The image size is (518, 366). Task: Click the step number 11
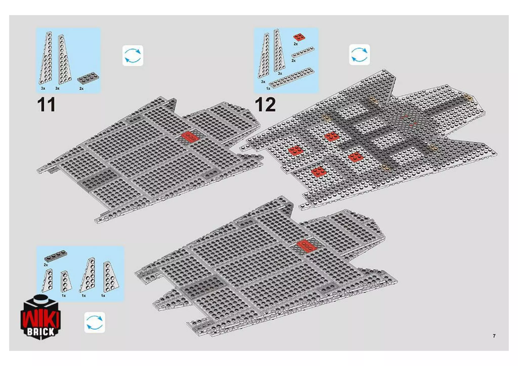pos(46,104)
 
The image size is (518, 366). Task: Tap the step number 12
pos(265,104)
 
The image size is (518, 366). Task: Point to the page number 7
pos(494,336)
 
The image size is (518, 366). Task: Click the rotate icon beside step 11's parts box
pos(133,56)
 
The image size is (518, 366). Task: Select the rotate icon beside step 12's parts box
pos(359,55)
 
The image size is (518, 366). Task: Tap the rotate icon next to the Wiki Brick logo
pos(94,322)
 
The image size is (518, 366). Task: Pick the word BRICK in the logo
pos(40,332)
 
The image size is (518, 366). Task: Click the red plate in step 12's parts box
pos(299,37)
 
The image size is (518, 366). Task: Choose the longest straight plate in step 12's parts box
pos(291,78)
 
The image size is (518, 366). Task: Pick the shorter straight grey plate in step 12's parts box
pos(303,52)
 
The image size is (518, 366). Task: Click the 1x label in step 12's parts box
pos(268,89)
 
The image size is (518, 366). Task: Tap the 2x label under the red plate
pos(296,44)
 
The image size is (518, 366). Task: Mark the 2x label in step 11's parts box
pos(81,89)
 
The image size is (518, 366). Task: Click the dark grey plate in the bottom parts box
pos(56,256)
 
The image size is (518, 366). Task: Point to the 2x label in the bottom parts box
pos(46,265)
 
